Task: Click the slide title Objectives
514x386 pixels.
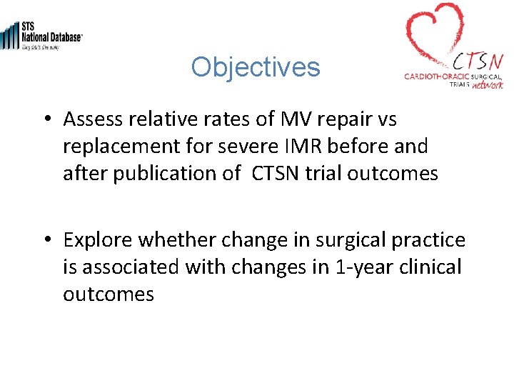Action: pos(256,67)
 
